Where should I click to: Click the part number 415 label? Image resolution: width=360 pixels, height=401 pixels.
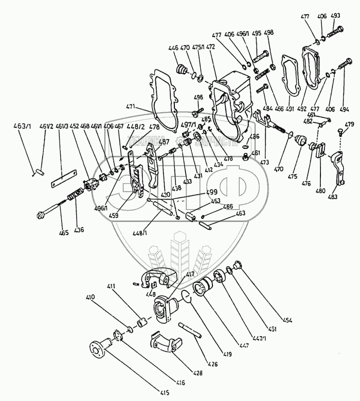click(x=163, y=393)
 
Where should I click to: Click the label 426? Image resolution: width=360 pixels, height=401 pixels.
click(x=212, y=364)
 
